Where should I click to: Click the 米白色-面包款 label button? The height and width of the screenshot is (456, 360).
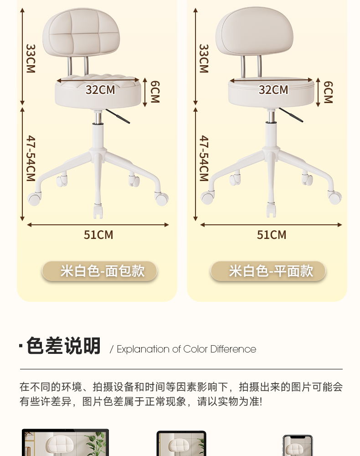100,271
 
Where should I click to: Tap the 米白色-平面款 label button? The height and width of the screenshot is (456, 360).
268,271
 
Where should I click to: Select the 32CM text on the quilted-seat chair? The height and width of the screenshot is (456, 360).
100,90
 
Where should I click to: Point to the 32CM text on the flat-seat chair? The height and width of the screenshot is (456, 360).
273,90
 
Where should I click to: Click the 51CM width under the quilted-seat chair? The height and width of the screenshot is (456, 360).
98,235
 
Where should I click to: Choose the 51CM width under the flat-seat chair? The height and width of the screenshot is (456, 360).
272,235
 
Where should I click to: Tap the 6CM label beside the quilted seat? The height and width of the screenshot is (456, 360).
155,92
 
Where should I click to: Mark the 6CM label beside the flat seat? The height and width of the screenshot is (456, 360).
328,92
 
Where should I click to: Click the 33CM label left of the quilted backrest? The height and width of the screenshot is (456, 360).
31,58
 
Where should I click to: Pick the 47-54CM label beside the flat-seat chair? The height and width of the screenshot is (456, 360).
204,158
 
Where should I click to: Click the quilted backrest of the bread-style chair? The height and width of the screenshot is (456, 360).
81,34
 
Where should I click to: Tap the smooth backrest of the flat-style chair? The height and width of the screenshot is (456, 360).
254,32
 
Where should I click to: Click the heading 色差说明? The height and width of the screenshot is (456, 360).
63,346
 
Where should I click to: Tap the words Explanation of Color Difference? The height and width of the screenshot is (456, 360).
186,349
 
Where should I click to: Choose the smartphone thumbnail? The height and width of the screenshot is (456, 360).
297,446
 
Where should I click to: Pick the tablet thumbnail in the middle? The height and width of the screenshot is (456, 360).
181,444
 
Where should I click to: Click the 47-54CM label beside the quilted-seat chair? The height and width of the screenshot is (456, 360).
31,158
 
